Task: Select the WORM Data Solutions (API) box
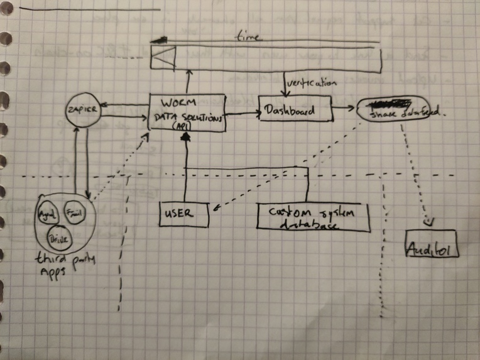(187, 112)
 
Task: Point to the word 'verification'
(312, 82)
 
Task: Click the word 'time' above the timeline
(248, 37)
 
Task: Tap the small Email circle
(75, 212)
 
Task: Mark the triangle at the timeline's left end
(161, 59)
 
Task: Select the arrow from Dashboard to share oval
(344, 109)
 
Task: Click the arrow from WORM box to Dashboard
(242, 113)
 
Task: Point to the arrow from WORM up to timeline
(187, 81)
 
